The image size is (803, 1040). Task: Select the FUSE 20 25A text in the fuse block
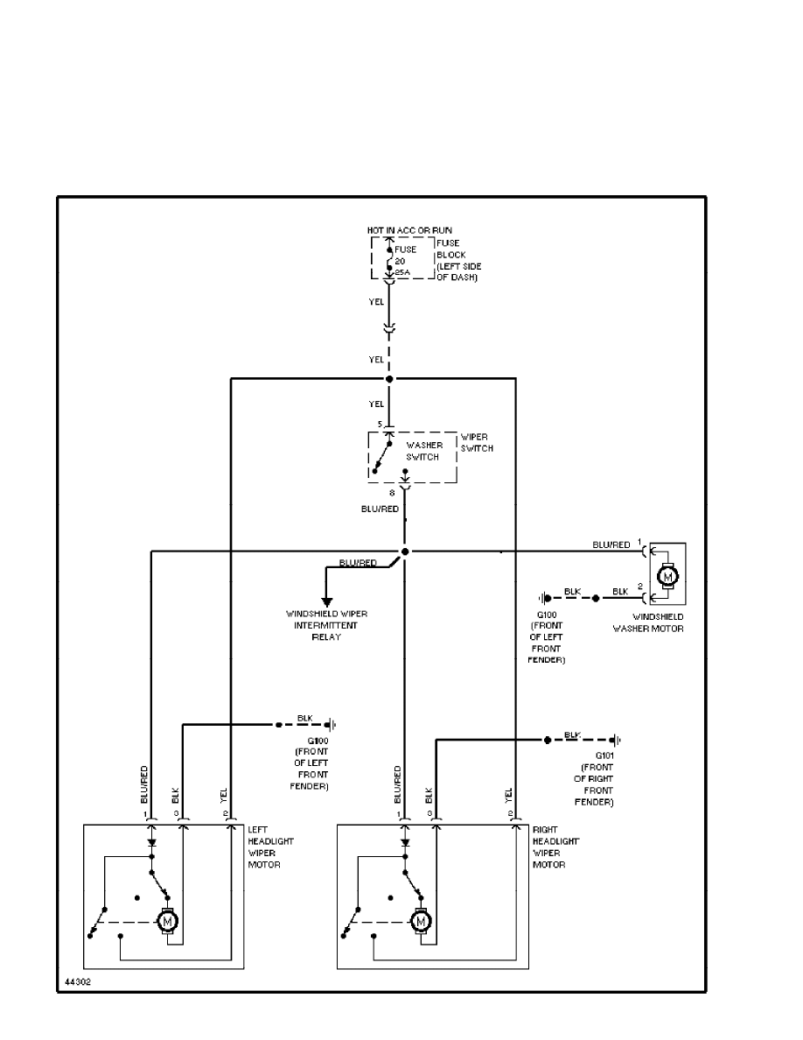(x=405, y=261)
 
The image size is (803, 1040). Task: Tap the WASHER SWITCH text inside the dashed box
(x=424, y=451)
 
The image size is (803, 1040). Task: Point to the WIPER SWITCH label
(x=477, y=442)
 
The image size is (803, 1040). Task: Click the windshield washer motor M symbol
(x=667, y=575)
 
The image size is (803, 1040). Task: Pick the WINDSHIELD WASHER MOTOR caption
(x=648, y=623)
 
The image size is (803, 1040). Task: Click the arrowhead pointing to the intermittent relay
(x=327, y=601)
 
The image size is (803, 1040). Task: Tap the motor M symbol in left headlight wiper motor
(x=166, y=921)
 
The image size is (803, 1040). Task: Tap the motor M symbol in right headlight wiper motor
(x=421, y=921)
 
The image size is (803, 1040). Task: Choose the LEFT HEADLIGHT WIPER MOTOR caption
(x=270, y=847)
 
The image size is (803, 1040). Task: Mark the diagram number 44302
(x=77, y=983)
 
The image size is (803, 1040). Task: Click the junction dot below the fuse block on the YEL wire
(x=389, y=378)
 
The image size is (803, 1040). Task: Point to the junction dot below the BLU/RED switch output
(x=405, y=552)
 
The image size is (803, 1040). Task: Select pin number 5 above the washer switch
(x=380, y=425)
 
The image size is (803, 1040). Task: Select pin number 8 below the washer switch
(x=392, y=492)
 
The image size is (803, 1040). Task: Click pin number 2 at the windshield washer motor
(x=640, y=585)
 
